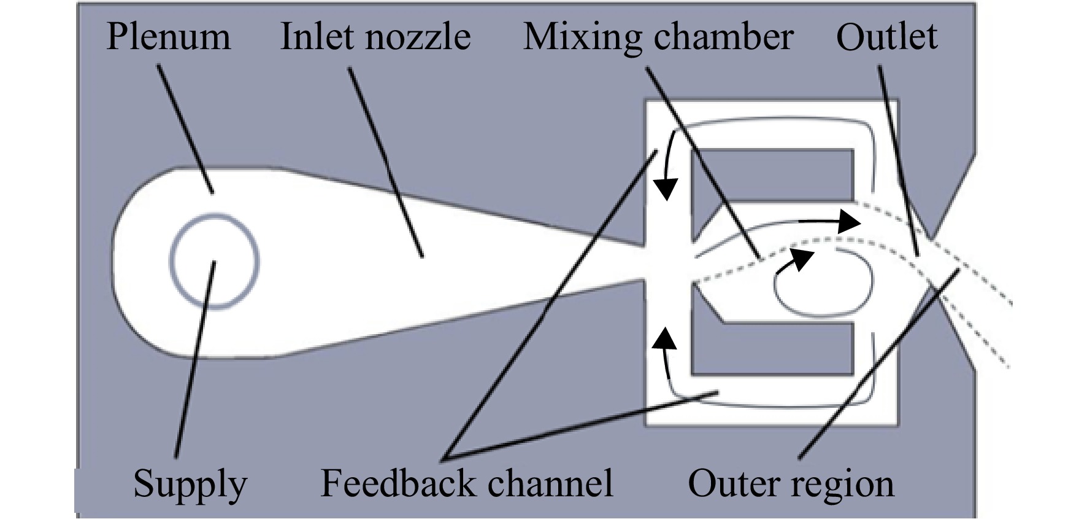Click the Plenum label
coord(169,37)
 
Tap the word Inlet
coord(318,37)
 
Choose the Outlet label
coord(887,37)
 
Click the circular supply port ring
coord(214,214)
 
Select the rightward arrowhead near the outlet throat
coord(849,220)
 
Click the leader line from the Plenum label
coord(185,129)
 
